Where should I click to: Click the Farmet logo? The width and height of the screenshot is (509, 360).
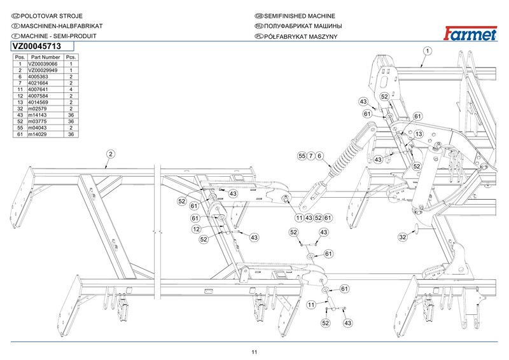pyautogui.click(x=470, y=34)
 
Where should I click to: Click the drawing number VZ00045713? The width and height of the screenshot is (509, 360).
pyautogui.click(x=37, y=46)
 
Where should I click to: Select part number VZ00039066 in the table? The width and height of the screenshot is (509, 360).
pyautogui.click(x=43, y=64)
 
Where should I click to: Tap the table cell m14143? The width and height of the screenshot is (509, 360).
pyautogui.click(x=38, y=115)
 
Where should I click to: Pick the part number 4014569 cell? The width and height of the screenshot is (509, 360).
pyautogui.click(x=38, y=102)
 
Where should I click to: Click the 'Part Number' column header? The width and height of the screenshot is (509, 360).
pyautogui.click(x=45, y=57)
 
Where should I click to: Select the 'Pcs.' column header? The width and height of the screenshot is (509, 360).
pyautogui.click(x=71, y=57)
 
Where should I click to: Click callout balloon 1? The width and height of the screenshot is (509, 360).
pyautogui.click(x=428, y=51)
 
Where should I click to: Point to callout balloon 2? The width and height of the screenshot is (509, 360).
pyautogui.click(x=111, y=154)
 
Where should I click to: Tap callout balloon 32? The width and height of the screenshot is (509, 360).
pyautogui.click(x=403, y=237)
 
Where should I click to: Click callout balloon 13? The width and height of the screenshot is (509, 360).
pyautogui.click(x=419, y=134)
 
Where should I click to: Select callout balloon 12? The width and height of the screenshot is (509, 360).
pyautogui.click(x=197, y=229)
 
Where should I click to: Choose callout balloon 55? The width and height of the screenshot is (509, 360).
pyautogui.click(x=302, y=156)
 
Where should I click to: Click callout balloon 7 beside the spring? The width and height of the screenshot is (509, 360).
pyautogui.click(x=310, y=156)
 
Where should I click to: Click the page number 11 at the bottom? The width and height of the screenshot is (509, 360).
pyautogui.click(x=254, y=352)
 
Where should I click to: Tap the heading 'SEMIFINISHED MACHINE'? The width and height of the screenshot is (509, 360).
pyautogui.click(x=299, y=16)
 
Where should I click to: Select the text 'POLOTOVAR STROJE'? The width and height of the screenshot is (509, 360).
pyautogui.click(x=52, y=16)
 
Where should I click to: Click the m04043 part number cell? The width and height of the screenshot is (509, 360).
pyautogui.click(x=38, y=128)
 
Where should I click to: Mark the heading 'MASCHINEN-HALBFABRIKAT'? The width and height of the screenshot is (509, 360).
pyautogui.click(x=62, y=26)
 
